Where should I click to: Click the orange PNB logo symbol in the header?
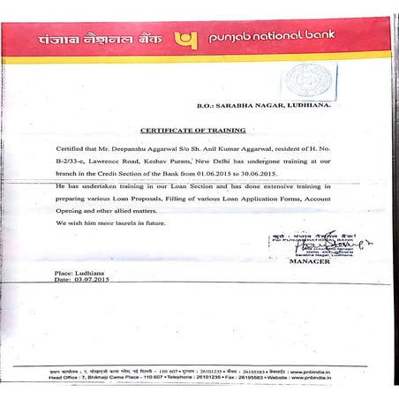186,40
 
